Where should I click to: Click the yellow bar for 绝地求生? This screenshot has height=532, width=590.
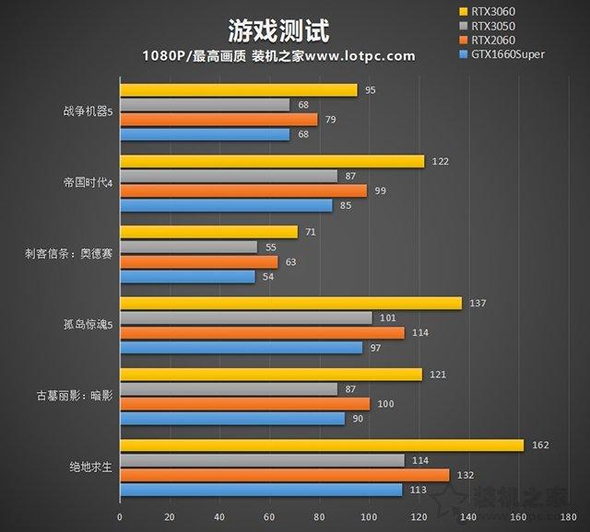[x=322, y=445]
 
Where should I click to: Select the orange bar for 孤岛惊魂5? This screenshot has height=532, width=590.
[x=262, y=333]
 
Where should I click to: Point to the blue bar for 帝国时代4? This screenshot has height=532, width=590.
[x=226, y=205]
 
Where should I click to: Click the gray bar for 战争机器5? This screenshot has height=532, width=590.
[x=205, y=105]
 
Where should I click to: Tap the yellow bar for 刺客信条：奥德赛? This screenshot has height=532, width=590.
[x=208, y=232]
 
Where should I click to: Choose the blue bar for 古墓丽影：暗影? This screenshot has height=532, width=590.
[x=232, y=419]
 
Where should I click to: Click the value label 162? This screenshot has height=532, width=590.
[x=541, y=445]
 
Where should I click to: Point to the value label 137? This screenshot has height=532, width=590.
[x=477, y=303]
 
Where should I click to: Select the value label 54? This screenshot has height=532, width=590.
[x=268, y=276]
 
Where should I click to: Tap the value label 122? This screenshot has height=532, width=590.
[x=440, y=161]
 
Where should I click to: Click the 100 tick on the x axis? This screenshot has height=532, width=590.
[x=369, y=515]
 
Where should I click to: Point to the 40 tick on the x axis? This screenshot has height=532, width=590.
[x=219, y=515]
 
